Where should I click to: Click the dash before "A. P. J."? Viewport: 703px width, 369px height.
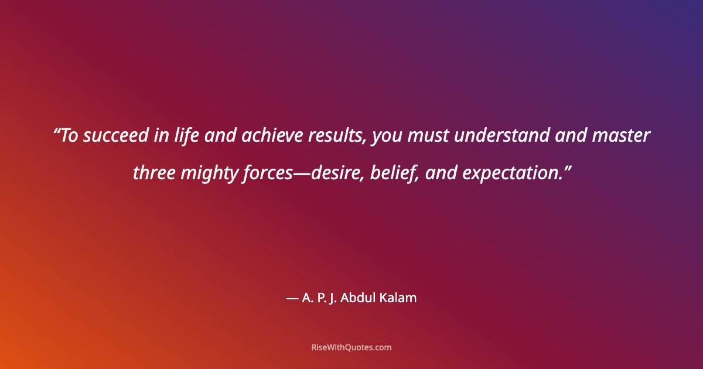[x=292, y=299]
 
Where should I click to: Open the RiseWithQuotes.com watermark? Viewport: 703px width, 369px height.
[x=351, y=347]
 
